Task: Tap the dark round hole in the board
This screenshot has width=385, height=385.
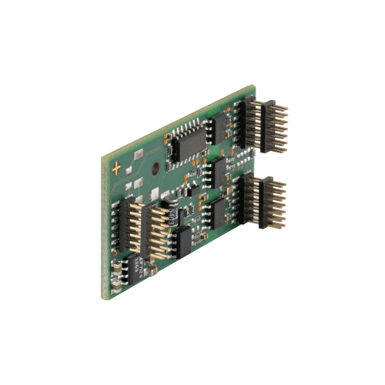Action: click(x=156, y=165)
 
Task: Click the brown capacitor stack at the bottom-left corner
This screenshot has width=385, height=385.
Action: click(x=116, y=272)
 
